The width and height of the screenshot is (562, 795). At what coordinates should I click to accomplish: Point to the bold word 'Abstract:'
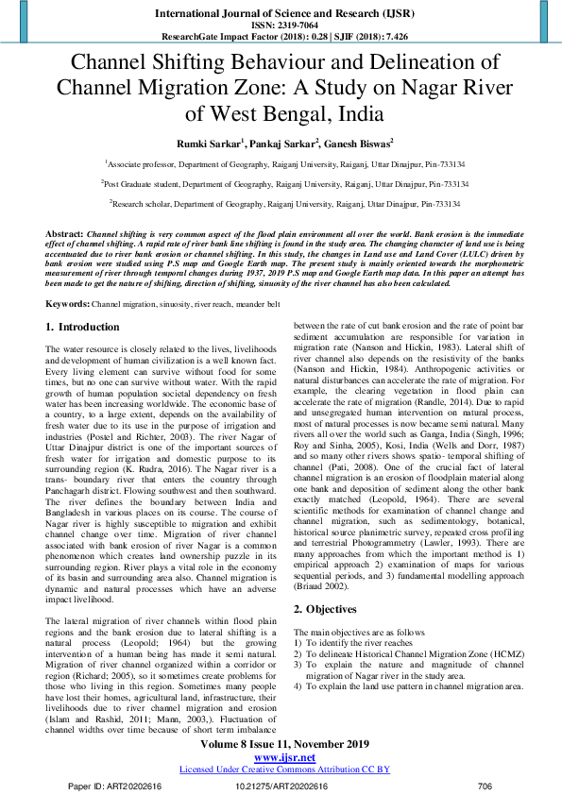[64, 232]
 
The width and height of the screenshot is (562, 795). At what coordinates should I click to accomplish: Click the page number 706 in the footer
[485, 786]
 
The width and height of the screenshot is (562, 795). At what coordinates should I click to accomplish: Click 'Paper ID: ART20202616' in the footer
[116, 786]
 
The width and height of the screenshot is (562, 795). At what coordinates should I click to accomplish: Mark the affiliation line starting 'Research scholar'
[284, 203]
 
